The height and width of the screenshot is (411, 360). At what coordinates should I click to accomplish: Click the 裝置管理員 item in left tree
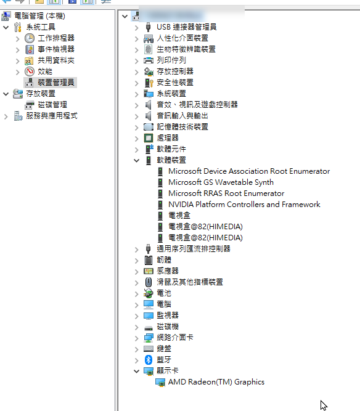56,83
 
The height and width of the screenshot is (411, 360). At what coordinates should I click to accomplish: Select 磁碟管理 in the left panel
52,105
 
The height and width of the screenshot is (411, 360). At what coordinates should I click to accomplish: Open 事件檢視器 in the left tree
56,49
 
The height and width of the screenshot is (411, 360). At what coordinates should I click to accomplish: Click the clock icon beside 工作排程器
30,38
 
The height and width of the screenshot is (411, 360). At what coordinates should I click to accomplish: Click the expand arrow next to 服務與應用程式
6,116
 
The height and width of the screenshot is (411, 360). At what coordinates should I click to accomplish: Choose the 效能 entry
45,71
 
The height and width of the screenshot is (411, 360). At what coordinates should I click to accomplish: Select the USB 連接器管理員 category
186,27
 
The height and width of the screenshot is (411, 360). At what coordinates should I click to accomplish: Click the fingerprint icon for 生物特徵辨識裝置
148,49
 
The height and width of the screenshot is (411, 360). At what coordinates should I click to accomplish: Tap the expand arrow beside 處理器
136,139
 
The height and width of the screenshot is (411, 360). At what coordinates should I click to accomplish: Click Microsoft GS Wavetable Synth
221,182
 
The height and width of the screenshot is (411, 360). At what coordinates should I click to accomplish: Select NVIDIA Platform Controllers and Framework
244,205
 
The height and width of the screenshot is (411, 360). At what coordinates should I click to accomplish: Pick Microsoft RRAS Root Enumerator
226,193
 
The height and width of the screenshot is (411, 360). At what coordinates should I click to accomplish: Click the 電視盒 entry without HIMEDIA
179,216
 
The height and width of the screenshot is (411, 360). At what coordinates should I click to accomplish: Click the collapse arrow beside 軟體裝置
136,160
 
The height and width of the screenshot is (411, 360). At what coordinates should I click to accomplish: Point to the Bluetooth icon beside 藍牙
149,360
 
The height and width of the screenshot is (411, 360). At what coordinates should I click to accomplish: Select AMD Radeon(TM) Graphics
216,382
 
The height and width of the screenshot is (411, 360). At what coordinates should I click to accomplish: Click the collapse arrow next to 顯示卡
136,371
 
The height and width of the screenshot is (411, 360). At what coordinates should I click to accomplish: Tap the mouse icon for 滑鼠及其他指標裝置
149,282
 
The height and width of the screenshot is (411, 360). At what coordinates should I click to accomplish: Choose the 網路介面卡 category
175,338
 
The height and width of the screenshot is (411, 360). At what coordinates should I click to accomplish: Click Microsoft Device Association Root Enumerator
249,171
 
